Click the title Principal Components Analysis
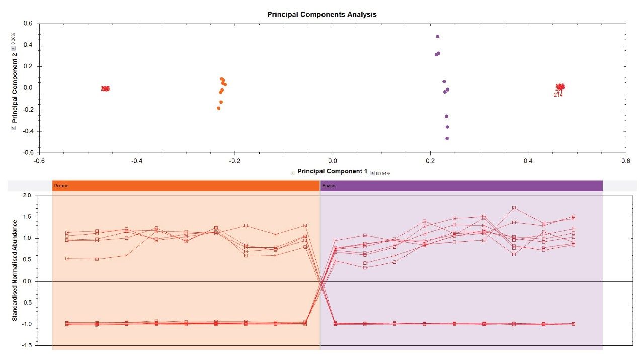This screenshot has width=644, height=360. click(321, 14)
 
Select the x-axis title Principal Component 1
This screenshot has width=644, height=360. click(332, 171)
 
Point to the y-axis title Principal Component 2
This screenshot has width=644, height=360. click(15, 88)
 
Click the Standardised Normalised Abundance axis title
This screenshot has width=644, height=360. click(15, 270)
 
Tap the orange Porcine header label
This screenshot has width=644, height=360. click(61, 186)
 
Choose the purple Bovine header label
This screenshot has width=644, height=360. click(329, 186)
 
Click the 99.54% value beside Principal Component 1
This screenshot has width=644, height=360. click(383, 173)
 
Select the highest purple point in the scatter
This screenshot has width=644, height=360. click(437, 37)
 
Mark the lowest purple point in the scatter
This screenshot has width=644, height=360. click(447, 138)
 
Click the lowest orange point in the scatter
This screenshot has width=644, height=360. click(218, 108)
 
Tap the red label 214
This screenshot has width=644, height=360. click(558, 95)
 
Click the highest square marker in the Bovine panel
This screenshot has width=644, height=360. click(514, 208)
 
